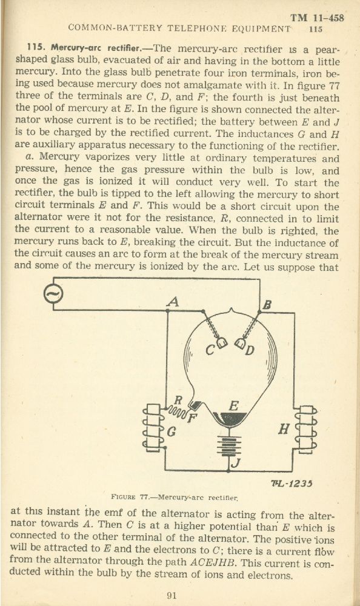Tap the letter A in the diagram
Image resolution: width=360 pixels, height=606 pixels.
173,302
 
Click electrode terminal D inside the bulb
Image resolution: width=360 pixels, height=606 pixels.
240,343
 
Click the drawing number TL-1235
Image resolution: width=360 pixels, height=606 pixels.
292,483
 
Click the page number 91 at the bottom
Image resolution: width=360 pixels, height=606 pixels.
172,596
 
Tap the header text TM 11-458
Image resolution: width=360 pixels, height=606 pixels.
317,18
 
